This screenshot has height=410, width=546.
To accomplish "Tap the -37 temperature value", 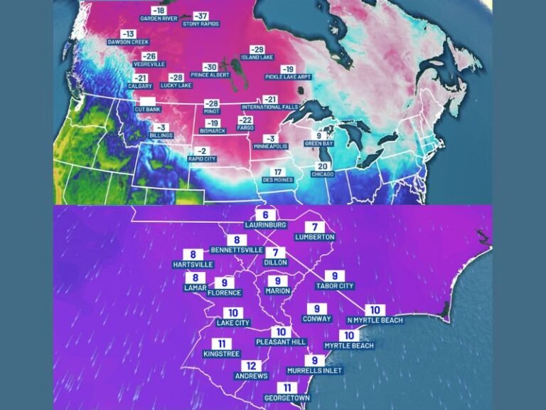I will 201,15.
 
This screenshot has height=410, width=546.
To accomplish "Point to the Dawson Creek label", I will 128,42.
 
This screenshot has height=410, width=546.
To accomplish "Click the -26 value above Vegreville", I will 149,56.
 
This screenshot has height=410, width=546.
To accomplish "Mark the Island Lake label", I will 257,57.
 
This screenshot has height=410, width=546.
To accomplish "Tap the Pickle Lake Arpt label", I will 287,77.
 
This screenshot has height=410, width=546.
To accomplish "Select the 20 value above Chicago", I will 323,165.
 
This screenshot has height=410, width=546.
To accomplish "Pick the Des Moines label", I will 278,180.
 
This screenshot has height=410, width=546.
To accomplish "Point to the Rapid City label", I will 202,159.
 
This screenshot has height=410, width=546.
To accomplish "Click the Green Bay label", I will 319,144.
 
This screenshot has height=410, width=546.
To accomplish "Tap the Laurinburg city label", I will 264,224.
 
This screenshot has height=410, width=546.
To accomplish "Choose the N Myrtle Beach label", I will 375,320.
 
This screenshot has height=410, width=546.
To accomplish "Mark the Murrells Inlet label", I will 314,371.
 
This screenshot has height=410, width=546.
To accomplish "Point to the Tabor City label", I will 334,285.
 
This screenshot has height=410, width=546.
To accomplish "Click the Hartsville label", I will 193,264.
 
